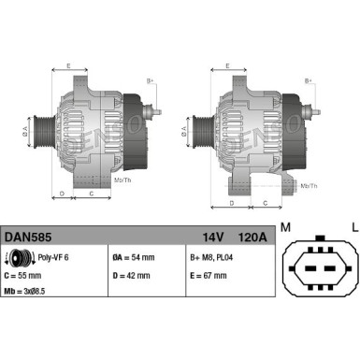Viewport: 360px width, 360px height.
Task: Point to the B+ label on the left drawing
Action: [x=151, y=81]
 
